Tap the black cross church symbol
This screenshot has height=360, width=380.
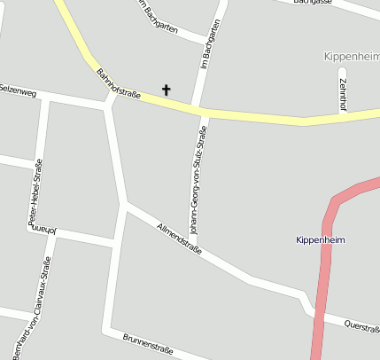click(165, 90)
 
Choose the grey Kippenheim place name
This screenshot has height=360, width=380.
click(351, 56)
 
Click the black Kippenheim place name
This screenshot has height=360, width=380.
click(320, 240)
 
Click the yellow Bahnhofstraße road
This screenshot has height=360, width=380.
click(257, 116)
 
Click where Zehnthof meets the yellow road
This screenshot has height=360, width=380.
click(343, 117)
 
